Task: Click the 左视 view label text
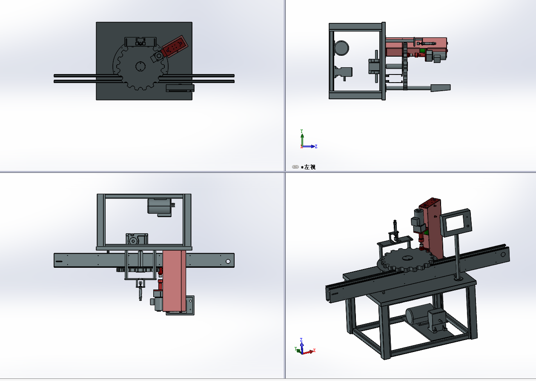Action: [x=310, y=167]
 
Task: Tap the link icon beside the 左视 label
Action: [x=295, y=167]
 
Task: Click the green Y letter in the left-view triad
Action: [x=301, y=131]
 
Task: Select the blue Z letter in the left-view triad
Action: [x=316, y=146]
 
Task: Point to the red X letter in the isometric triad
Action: [x=314, y=350]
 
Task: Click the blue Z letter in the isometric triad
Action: [x=301, y=340]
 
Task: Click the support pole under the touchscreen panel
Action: [x=457, y=257]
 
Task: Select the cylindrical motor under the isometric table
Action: [x=419, y=313]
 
